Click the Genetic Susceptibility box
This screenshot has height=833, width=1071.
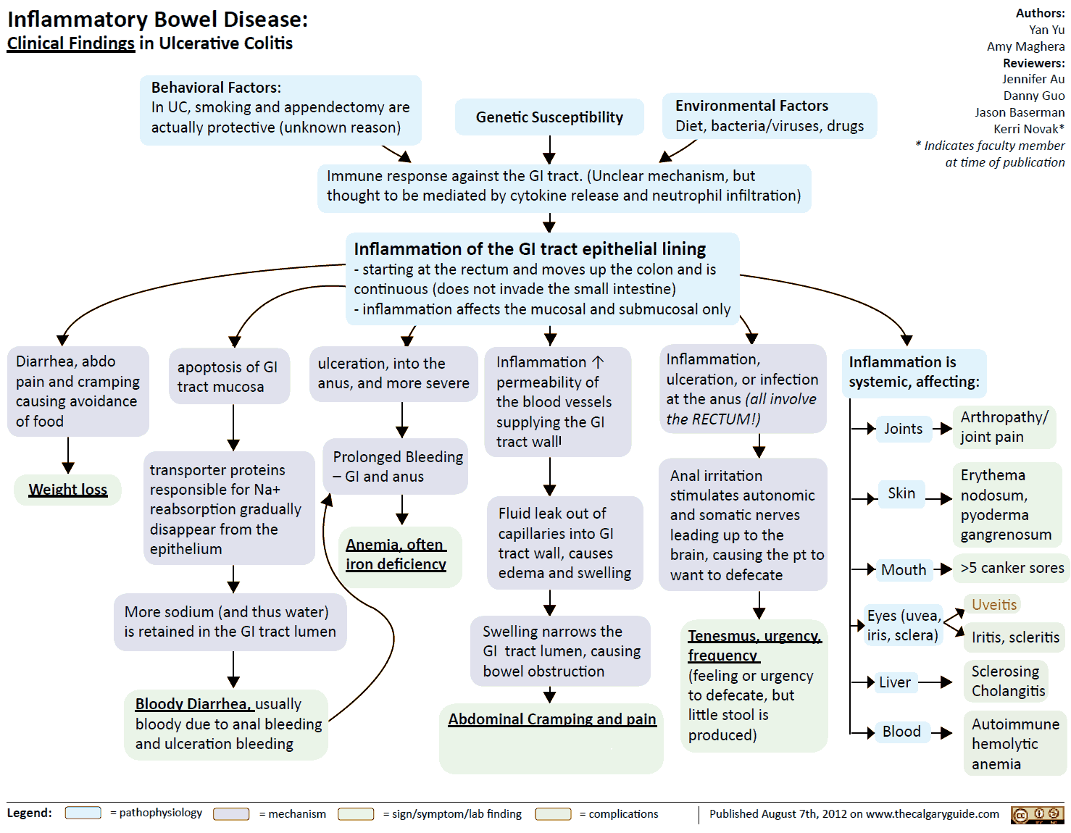coord(549,117)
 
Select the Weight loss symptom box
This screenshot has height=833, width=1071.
coord(68,490)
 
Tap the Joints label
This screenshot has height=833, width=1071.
coord(903,429)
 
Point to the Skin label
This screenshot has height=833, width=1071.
coord(901,493)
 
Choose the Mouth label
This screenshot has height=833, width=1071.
coord(903,570)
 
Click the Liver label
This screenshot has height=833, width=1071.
coord(894,682)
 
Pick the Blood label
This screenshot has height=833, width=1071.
coord(901,732)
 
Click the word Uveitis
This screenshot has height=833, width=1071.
coord(994,605)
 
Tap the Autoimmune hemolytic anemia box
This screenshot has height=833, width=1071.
coord(1014,744)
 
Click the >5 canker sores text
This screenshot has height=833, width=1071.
coord(1012,568)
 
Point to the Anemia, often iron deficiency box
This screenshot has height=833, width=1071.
coord(396,555)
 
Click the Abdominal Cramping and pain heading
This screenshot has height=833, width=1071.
coord(552,719)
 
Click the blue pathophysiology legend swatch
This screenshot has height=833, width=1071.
coord(83,813)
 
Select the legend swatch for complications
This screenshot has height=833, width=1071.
coord(553,814)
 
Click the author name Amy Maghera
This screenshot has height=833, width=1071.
coord(1025,46)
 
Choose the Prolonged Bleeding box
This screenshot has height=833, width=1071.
coord(397,466)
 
